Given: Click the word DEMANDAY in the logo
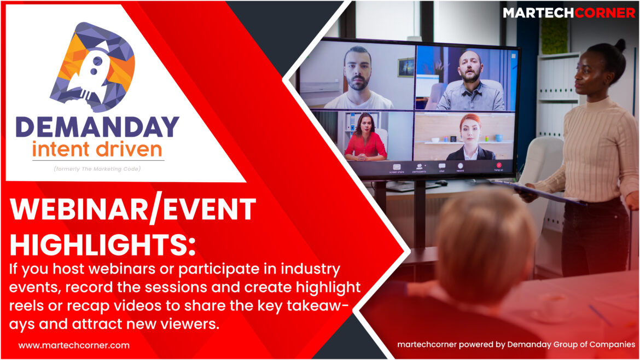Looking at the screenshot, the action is coord(97,127).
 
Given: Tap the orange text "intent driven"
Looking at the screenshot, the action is coord(97,149).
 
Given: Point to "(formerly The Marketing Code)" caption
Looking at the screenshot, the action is coord(97,169).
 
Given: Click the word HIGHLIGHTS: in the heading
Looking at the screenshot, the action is coord(102,245).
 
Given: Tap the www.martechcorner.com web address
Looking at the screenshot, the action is coord(74,345).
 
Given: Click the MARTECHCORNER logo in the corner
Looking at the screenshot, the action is coord(569,13).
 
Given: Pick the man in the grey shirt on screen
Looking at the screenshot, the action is coord(470,81).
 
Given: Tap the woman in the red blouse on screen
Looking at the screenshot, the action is coord(365,137).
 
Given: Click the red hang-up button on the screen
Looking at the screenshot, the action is coord(499,165).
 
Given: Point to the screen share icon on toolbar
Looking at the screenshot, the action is coord(397,167).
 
